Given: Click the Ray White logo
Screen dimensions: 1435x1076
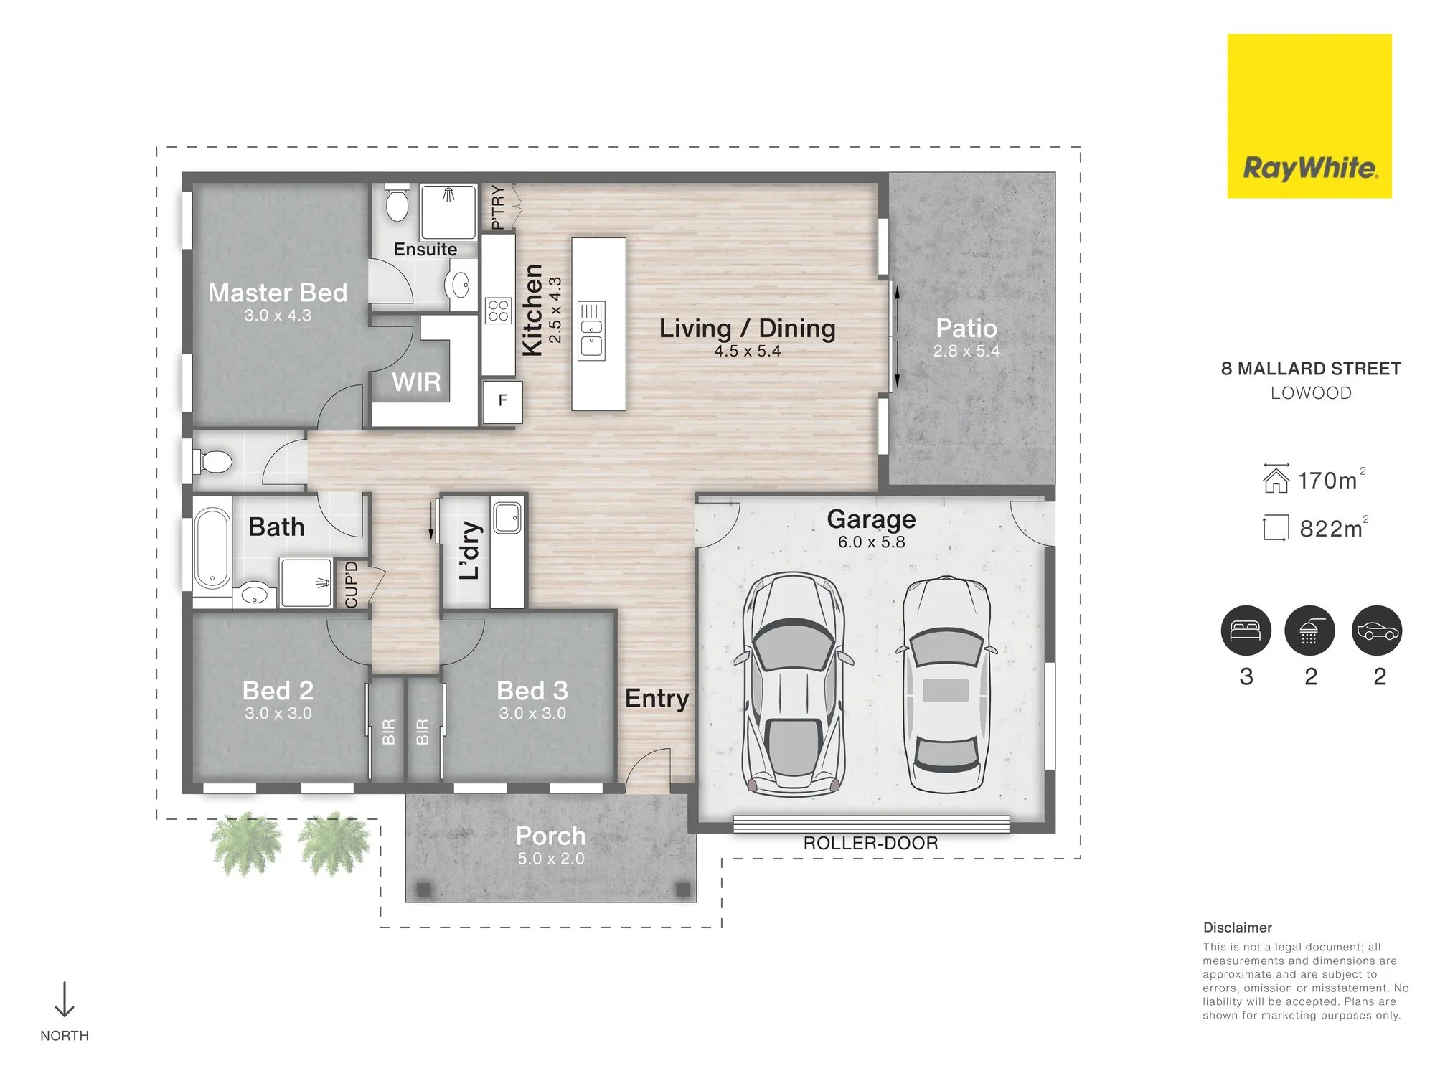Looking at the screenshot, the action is (x=1309, y=116).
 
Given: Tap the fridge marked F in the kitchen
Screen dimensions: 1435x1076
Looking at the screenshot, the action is (x=502, y=400).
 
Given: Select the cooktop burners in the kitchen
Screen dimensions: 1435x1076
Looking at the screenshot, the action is (x=499, y=311).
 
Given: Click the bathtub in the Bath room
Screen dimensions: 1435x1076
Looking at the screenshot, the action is (x=212, y=549).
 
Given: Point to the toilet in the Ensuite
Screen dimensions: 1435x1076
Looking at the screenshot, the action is (x=397, y=202).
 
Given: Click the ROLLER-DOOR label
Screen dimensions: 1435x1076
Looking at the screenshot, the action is (x=870, y=843).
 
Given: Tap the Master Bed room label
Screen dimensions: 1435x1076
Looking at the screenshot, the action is (x=278, y=293).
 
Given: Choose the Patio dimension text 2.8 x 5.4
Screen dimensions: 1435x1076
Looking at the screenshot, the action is (x=966, y=351).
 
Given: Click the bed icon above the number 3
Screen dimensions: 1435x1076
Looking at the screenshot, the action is (x=1246, y=631).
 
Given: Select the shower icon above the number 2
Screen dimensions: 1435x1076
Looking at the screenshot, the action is (x=1309, y=631).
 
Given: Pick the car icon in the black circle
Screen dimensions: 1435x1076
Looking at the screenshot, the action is (x=1377, y=631).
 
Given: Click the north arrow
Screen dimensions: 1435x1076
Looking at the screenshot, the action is (x=65, y=999).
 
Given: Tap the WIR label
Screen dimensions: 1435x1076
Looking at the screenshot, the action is (x=416, y=382).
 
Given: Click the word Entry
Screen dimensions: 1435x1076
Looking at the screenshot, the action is (x=657, y=698).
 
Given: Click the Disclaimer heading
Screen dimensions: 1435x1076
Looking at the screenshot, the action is (x=1238, y=928).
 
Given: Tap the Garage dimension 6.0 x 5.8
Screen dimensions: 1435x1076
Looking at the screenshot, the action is (x=871, y=542).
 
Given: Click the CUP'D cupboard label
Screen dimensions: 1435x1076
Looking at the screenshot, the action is (x=351, y=585).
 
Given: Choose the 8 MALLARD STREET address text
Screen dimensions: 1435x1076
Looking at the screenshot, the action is (x=1311, y=369).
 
